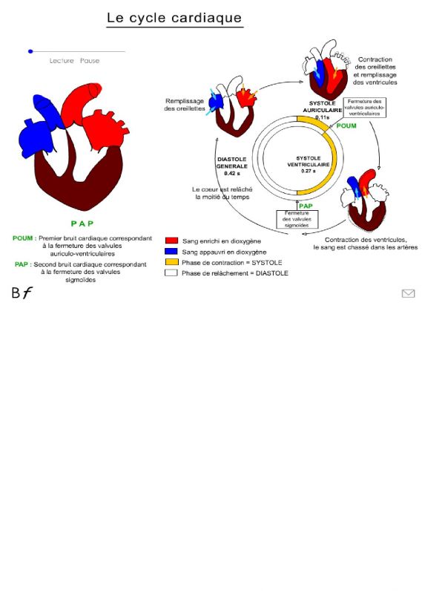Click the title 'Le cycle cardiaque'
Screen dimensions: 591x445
pos(174,18)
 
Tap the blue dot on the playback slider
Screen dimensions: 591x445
pos(30,51)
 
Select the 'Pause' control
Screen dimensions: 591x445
pos(90,61)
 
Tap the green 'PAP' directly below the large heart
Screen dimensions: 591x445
pos(82,223)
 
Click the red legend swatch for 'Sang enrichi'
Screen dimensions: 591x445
pos(171,241)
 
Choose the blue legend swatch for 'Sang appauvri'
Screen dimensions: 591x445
pos(171,252)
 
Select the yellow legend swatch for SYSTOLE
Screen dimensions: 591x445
pos(171,262)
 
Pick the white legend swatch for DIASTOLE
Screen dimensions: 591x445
pos(171,272)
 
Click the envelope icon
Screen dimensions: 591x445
pos(408,293)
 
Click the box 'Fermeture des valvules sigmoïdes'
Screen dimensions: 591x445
pos(297,220)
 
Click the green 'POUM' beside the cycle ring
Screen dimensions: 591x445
pos(346,126)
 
